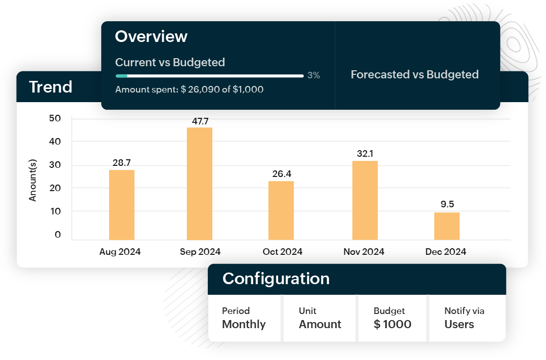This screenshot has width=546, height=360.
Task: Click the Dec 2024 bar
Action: [x=447, y=226]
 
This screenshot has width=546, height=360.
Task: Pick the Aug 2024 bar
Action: [x=121, y=205]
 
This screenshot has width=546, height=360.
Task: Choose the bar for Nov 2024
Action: [x=365, y=200]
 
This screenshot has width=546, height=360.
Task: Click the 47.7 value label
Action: [x=200, y=121]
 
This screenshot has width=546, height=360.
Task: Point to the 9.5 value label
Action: [x=447, y=204]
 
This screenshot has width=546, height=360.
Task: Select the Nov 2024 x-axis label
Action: [x=364, y=251]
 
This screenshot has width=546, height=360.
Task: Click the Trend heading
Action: [x=51, y=87]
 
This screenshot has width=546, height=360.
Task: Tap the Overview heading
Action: [x=151, y=36]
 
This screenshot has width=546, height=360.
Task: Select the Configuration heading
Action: [x=276, y=279]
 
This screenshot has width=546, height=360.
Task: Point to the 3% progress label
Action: [x=313, y=75]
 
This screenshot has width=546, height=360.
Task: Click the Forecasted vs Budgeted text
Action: [x=415, y=74]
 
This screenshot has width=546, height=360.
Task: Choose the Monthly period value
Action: [x=244, y=324]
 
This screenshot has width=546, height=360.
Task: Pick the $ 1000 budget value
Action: [x=392, y=324]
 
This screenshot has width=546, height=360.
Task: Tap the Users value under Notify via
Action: [x=459, y=324]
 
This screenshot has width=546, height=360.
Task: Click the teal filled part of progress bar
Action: [x=121, y=76]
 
